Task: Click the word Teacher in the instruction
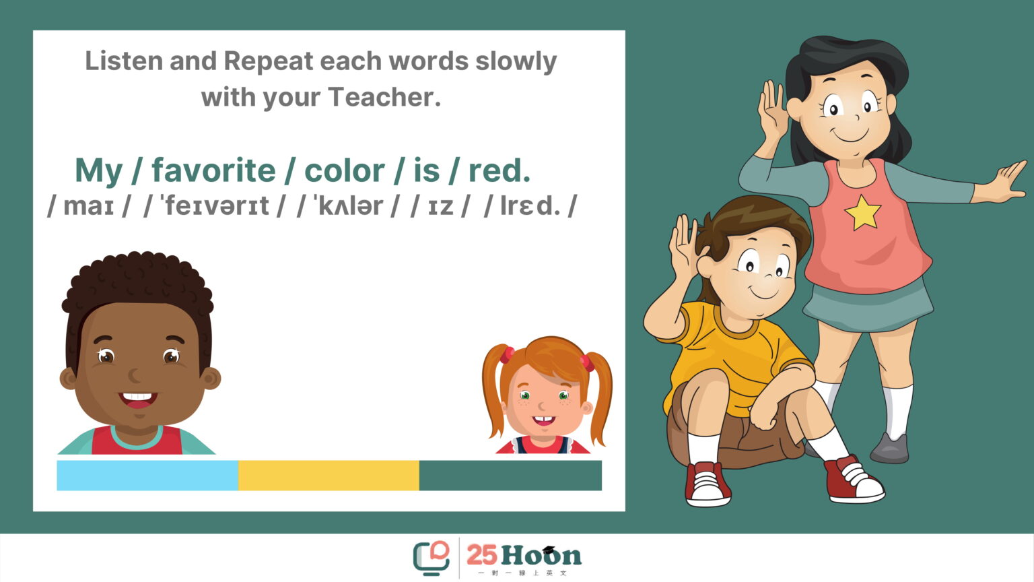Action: (384, 97)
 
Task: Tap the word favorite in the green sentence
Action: (213, 170)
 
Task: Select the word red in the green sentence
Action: (499, 170)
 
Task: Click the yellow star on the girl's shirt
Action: (862, 212)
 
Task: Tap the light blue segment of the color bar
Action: (147, 475)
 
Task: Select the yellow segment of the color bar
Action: (329, 475)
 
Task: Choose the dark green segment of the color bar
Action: (510, 475)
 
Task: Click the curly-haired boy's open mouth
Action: (137, 399)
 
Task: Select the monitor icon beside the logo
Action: (431, 558)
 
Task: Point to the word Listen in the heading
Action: (124, 61)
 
